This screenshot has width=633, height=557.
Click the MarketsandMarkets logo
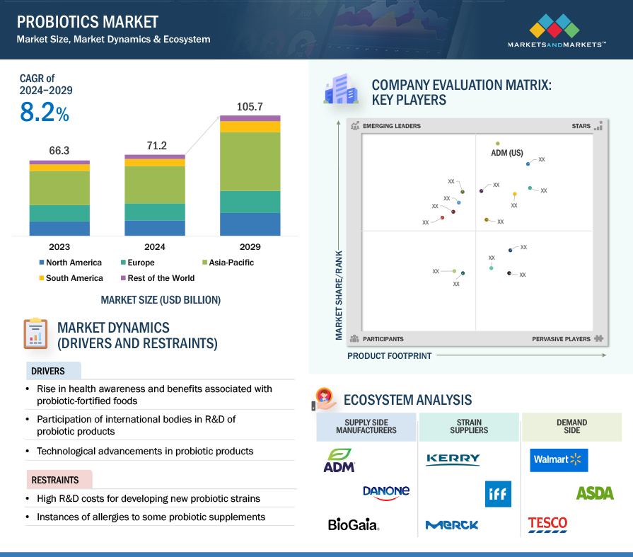(556, 32)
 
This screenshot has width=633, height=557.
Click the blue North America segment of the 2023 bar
(59, 228)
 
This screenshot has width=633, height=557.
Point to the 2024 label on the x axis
(154, 247)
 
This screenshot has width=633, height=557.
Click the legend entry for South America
(70, 278)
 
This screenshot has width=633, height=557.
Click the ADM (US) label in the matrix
(506, 153)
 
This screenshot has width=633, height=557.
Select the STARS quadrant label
(581, 126)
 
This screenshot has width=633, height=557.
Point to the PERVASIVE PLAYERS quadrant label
(561, 339)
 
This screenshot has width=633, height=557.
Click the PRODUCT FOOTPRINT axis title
(389, 356)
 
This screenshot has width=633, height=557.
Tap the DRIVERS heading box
(53, 371)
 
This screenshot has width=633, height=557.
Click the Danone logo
(385, 492)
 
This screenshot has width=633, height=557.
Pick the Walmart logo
(559, 460)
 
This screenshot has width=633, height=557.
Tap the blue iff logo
(498, 494)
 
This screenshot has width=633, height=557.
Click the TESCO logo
(547, 524)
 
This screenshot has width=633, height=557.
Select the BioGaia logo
(354, 524)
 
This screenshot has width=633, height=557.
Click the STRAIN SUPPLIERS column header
(469, 427)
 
